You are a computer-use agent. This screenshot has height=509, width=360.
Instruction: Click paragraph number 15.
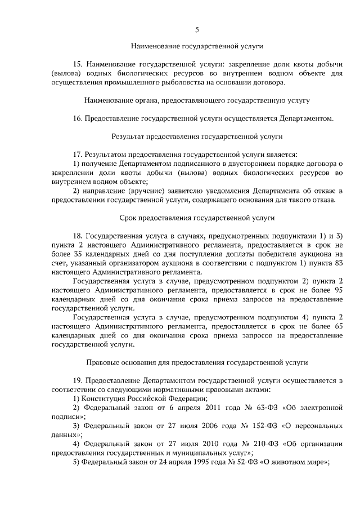(78, 64)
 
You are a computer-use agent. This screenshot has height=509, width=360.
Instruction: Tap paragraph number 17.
(78, 154)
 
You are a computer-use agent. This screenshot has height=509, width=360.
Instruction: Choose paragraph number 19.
(78, 380)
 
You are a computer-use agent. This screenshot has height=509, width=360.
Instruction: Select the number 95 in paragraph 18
(337, 289)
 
